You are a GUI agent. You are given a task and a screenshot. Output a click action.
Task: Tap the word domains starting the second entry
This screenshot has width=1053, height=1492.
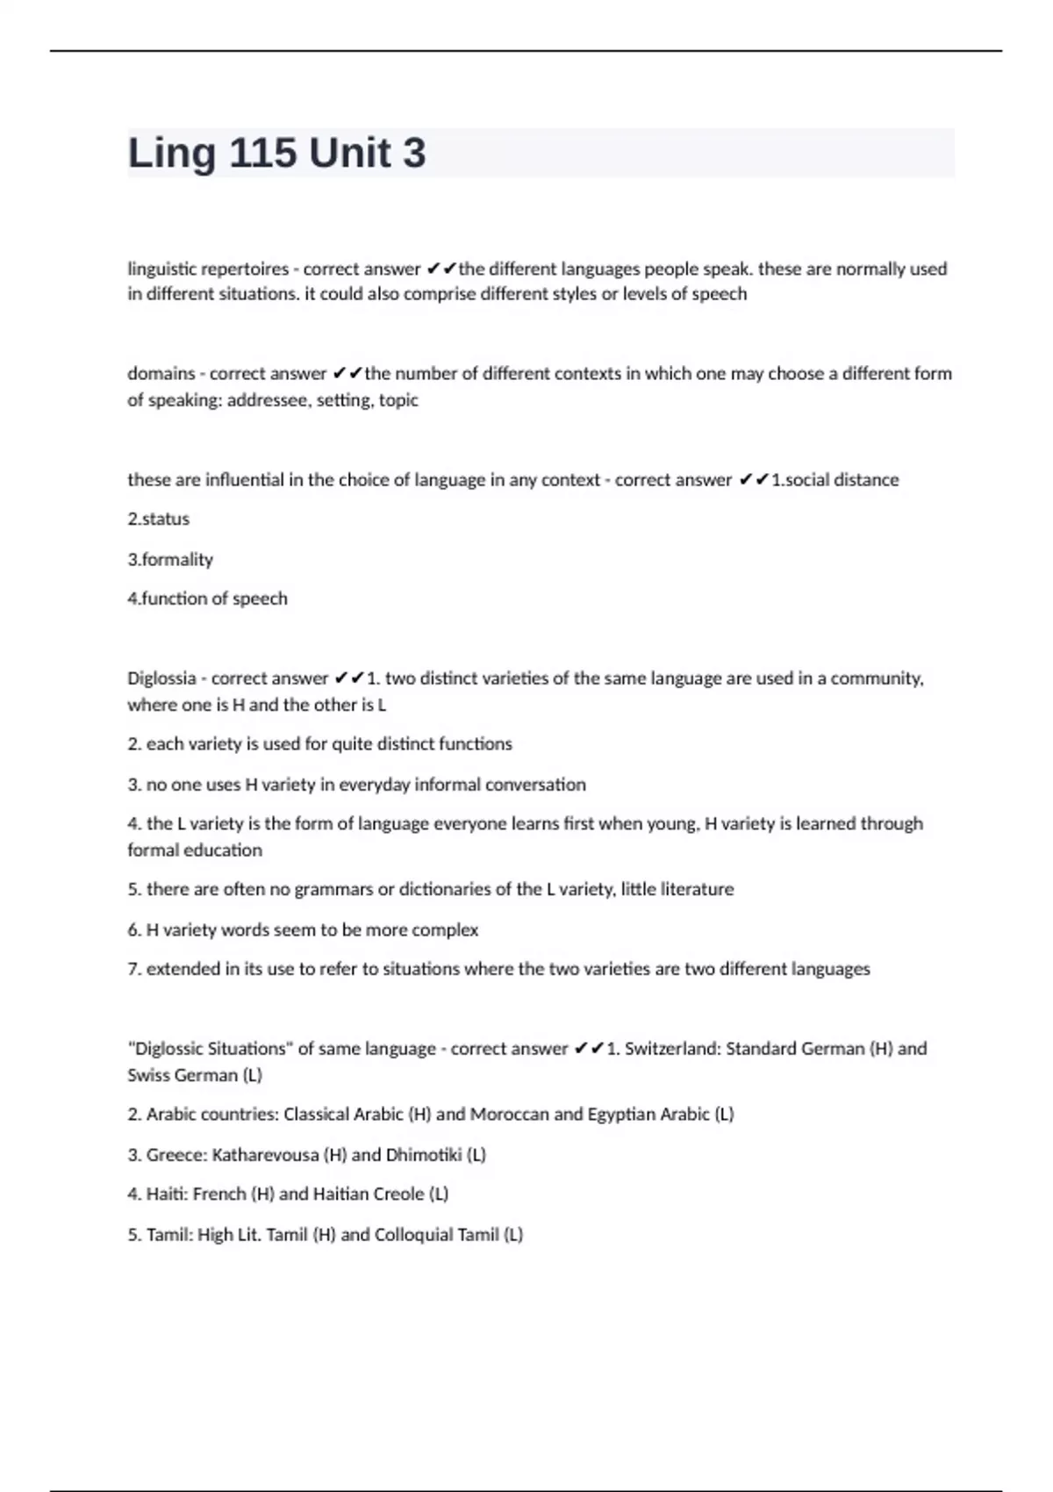point(161,374)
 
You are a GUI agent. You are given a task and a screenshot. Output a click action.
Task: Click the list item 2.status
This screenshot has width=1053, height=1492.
point(159,520)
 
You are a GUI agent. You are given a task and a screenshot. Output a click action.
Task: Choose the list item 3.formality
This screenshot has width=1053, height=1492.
point(170,560)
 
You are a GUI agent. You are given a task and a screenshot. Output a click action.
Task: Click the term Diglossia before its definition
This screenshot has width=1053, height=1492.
point(161,678)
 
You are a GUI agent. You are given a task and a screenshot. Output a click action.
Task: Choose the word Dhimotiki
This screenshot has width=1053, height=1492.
point(424,1155)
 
